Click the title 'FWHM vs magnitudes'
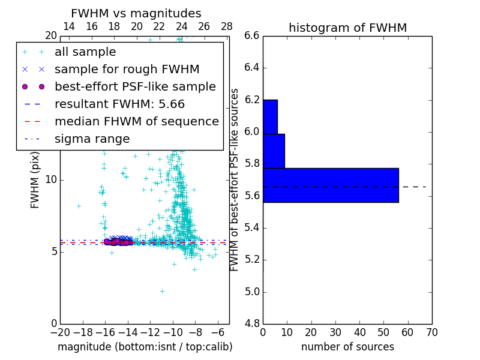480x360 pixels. [136, 13]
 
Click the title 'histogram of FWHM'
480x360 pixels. [347, 28]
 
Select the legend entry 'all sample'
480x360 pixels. [85, 52]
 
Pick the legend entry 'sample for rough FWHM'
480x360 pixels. [127, 70]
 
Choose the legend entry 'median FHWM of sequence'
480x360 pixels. [136, 122]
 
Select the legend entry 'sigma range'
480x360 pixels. [92, 139]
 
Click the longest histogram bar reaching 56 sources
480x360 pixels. [331, 185]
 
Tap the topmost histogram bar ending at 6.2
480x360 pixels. [270, 116]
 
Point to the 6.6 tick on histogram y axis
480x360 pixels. [251, 36]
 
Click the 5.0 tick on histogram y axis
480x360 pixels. [251, 292]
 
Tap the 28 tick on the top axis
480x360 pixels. [227, 26]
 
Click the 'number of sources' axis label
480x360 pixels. [347, 347]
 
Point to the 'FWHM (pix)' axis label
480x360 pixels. [35, 180]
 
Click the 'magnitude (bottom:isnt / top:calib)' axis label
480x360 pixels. [145, 347]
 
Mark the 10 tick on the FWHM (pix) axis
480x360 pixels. [51, 180]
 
